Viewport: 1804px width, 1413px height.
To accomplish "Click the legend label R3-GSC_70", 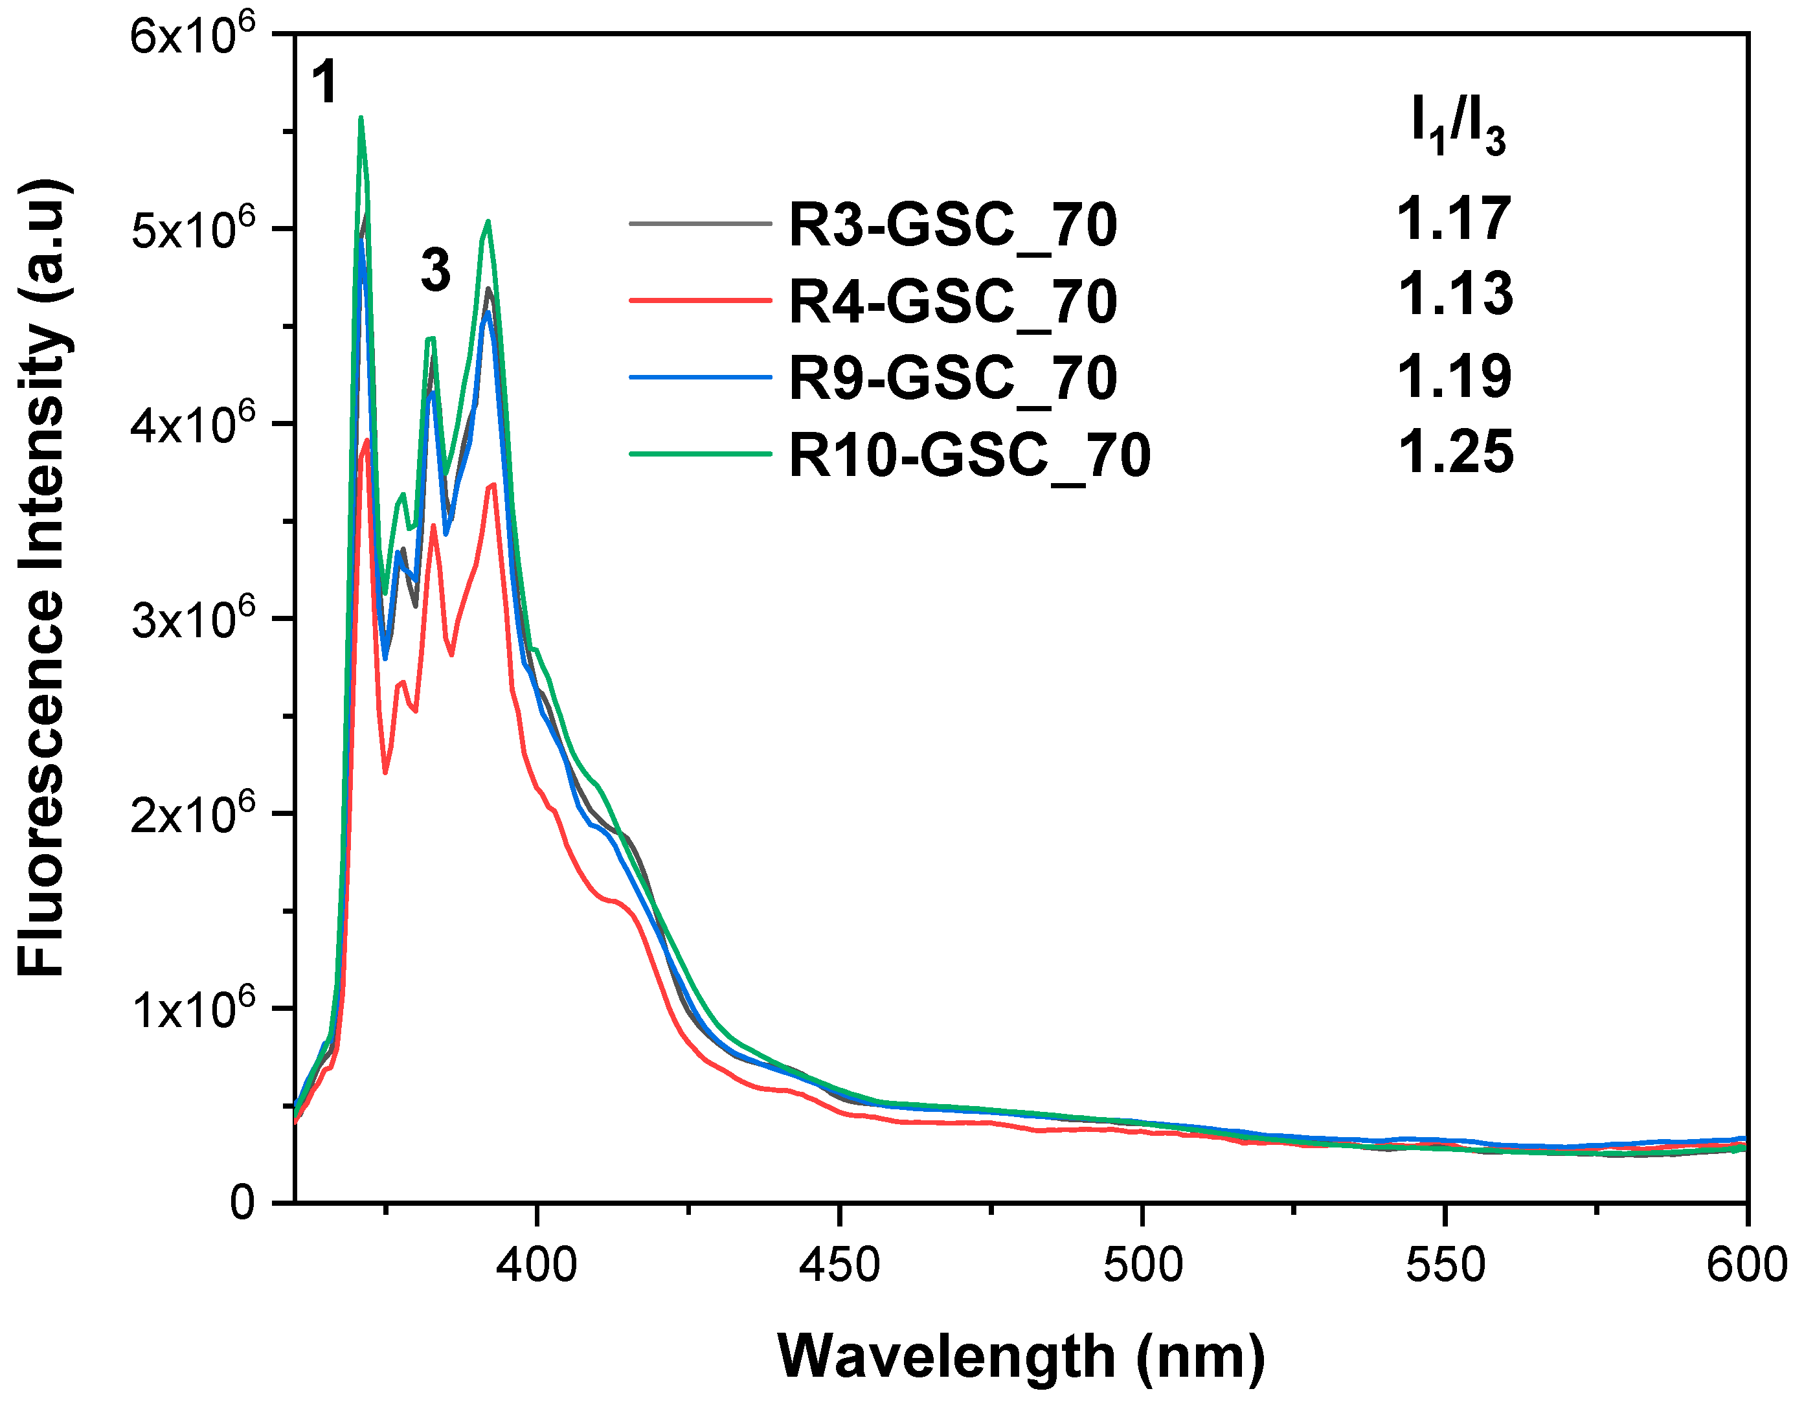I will pyautogui.click(x=953, y=225).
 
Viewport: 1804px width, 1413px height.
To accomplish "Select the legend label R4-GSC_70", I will pyautogui.click(x=953, y=301).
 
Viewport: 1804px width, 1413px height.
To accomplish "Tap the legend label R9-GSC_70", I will pyautogui.click(x=953, y=378).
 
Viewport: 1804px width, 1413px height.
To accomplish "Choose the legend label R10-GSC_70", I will pyautogui.click(x=969, y=455).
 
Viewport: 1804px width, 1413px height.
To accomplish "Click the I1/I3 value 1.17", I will pyautogui.click(x=1453, y=220).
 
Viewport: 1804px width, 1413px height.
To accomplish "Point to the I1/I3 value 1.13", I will pyautogui.click(x=1455, y=294).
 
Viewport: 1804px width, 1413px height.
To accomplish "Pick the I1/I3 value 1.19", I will pyautogui.click(x=1453, y=376).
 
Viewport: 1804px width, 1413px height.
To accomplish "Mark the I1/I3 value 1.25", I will pyautogui.click(x=1455, y=452).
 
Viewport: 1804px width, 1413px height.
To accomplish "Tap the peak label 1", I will pyautogui.click(x=324, y=83).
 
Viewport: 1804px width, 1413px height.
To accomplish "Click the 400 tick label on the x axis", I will pyautogui.click(x=537, y=1267).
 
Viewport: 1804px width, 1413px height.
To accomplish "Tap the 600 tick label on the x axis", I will pyautogui.click(x=1745, y=1267).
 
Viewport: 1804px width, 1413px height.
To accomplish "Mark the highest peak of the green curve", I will pyautogui.click(x=361, y=119).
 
